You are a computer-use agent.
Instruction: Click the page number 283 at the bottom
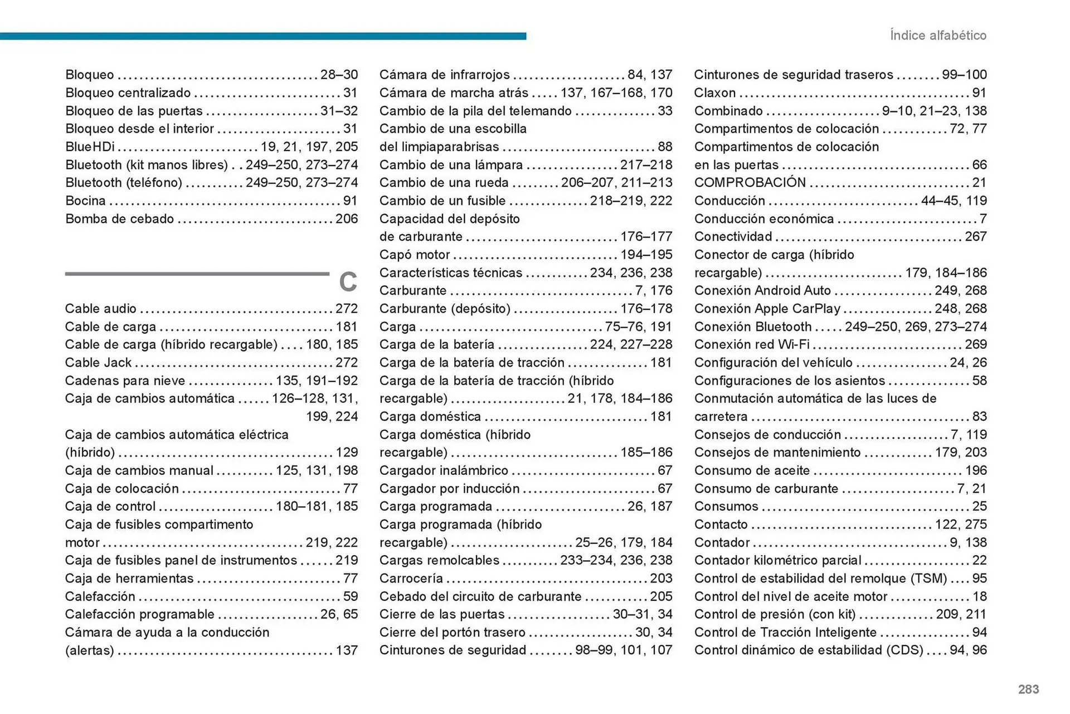(x=1028, y=689)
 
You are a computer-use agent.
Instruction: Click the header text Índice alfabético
(x=938, y=35)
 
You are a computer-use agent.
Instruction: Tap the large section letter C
(x=348, y=282)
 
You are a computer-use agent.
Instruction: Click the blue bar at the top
(x=262, y=36)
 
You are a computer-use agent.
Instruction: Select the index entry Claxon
(x=714, y=93)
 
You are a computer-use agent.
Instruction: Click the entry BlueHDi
(x=90, y=147)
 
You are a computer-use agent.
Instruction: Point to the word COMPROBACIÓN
(x=750, y=182)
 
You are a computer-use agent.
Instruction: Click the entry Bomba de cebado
(x=119, y=218)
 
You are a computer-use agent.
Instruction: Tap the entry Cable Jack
(x=98, y=362)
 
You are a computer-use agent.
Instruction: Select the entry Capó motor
(x=414, y=255)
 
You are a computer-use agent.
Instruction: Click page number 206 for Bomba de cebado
(x=346, y=218)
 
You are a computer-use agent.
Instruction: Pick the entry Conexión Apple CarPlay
(x=767, y=308)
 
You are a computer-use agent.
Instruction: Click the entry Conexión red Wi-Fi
(x=751, y=344)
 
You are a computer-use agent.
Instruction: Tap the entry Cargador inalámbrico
(x=444, y=470)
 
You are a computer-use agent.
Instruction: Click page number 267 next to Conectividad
(x=975, y=236)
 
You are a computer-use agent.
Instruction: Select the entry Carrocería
(x=411, y=578)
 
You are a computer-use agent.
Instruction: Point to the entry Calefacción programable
(x=139, y=614)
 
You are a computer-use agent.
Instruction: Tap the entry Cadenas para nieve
(x=125, y=381)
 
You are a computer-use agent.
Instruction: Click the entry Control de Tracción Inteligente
(x=785, y=632)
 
